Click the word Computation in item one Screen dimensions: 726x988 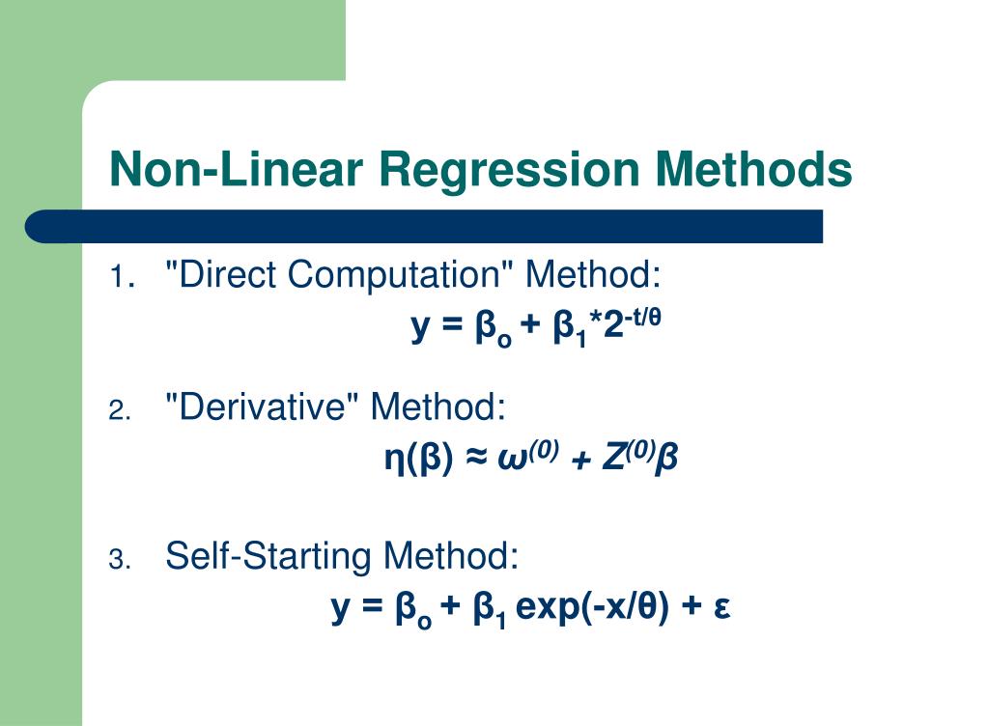(400, 277)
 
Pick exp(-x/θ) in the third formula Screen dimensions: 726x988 (592, 608)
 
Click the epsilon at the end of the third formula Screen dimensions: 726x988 (720, 610)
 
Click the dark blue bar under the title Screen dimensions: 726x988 (424, 226)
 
